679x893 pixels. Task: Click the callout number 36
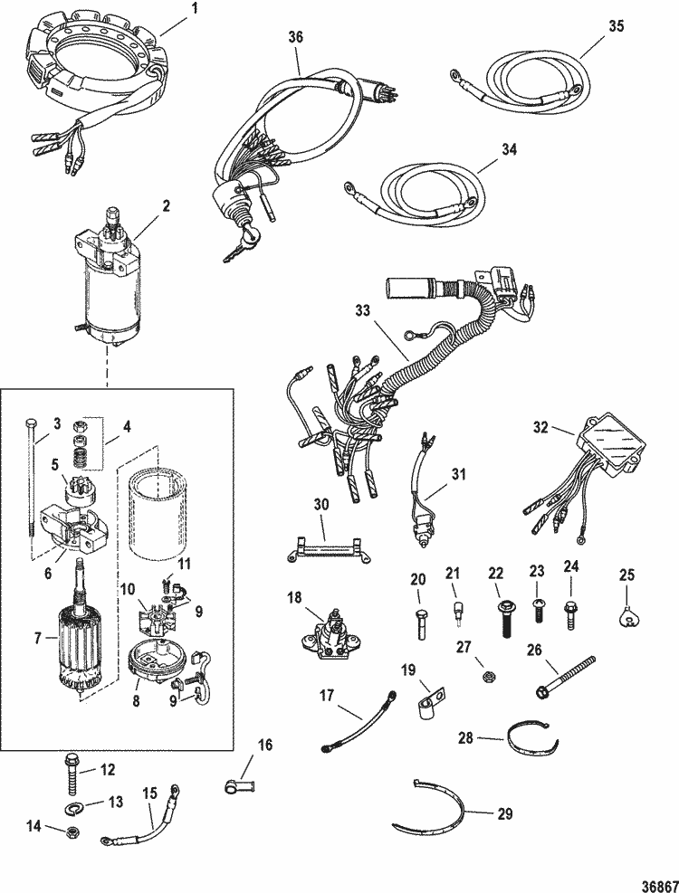[296, 38]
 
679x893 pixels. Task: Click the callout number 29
[504, 812]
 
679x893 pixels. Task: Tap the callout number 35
[616, 26]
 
